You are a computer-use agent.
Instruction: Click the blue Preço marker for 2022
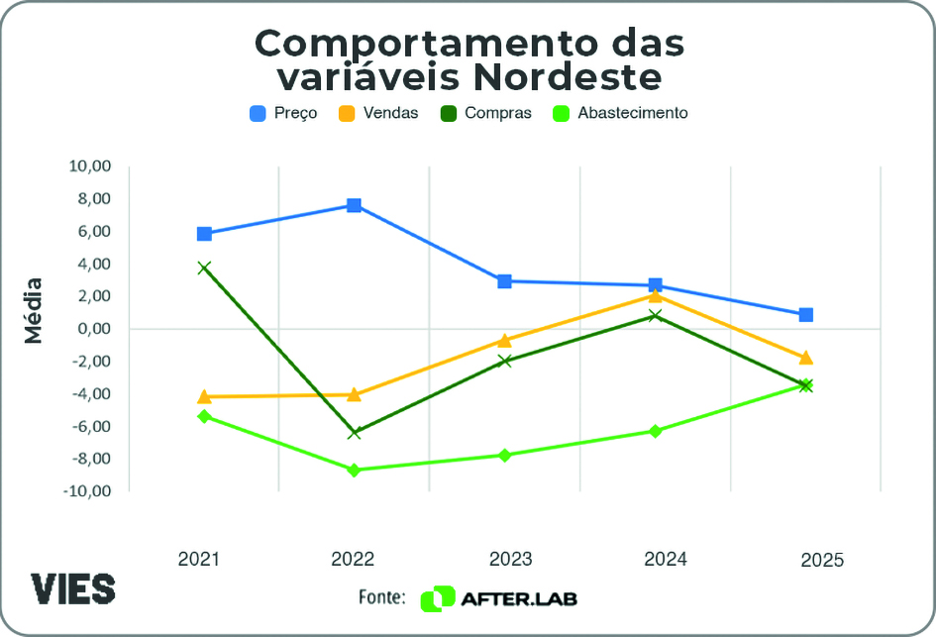tap(354, 205)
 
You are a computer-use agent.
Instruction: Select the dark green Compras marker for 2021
tap(204, 267)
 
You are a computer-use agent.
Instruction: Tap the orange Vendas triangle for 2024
tap(655, 295)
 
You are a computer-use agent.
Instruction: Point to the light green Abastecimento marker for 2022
tap(354, 470)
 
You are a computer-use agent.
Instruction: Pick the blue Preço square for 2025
tap(806, 315)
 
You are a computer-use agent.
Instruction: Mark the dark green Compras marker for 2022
tap(354, 433)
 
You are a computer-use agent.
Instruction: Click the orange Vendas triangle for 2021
tap(204, 396)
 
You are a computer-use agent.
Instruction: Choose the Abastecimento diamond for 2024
tap(655, 431)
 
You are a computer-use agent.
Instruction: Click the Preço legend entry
tap(283, 113)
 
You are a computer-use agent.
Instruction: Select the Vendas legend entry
tap(378, 113)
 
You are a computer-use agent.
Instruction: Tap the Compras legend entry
tap(485, 113)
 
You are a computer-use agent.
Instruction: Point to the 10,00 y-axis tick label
tap(89, 166)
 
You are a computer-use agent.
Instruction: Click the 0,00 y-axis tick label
tap(93, 329)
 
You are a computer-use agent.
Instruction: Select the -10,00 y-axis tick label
tap(87, 490)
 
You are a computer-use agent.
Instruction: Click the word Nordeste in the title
tap(563, 76)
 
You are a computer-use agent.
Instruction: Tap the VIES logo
tap(72, 588)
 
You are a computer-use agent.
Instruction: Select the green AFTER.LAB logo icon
tap(437, 598)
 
